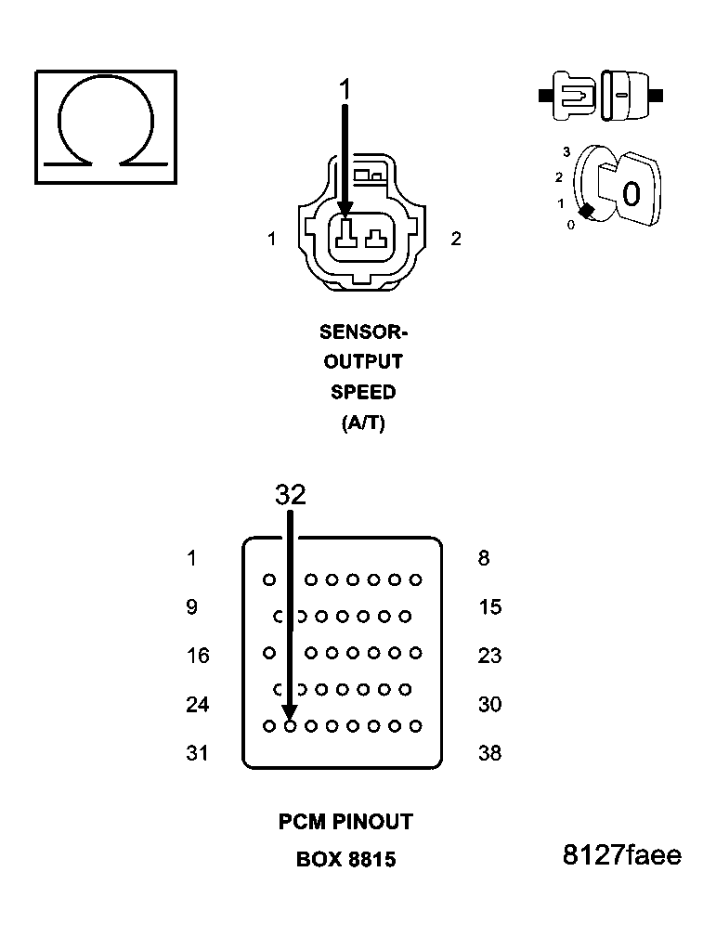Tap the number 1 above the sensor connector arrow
(x=345, y=90)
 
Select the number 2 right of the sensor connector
(x=455, y=239)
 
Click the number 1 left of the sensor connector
(x=271, y=239)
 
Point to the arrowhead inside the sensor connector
(x=345, y=211)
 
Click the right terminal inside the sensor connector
(x=376, y=238)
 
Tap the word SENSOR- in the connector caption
(x=363, y=332)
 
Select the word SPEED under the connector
(x=363, y=392)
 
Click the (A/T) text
(x=363, y=423)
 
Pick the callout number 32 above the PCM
(x=290, y=495)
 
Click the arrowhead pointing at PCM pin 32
(x=290, y=711)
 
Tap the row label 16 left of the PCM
(x=198, y=656)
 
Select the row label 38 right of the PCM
(x=489, y=753)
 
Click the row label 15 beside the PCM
(x=489, y=607)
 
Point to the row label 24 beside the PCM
(x=198, y=705)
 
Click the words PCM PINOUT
(x=345, y=822)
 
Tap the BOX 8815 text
(x=345, y=860)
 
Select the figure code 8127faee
(x=621, y=855)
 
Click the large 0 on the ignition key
(x=631, y=195)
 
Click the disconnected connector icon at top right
(x=600, y=94)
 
